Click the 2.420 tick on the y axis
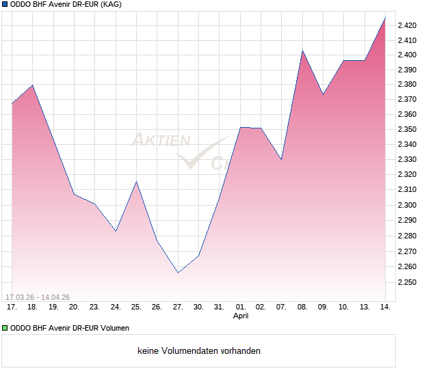pyautogui.click(x=408, y=25)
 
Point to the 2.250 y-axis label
pyautogui.click(x=408, y=281)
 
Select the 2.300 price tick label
pyautogui.click(x=408, y=205)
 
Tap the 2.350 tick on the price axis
pyautogui.click(x=408, y=129)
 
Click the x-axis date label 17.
pyautogui.click(x=12, y=307)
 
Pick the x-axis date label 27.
pyautogui.click(x=178, y=307)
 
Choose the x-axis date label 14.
pyautogui.click(x=385, y=307)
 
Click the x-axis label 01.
pyautogui.click(x=240, y=307)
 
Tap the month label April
pyautogui.click(x=241, y=316)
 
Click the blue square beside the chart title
pyautogui.click(x=5, y=5)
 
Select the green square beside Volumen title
pyautogui.click(x=5, y=329)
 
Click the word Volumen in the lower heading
pyautogui.click(x=112, y=329)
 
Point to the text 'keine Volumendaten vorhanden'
pyautogui.click(x=199, y=351)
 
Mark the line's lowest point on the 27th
pyautogui.click(x=178, y=273)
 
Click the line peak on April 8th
pyautogui.click(x=302, y=50)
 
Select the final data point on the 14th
pyautogui.click(x=385, y=18)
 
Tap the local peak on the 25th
pyautogui.click(x=137, y=181)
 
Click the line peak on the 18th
pyautogui.click(x=33, y=85)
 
